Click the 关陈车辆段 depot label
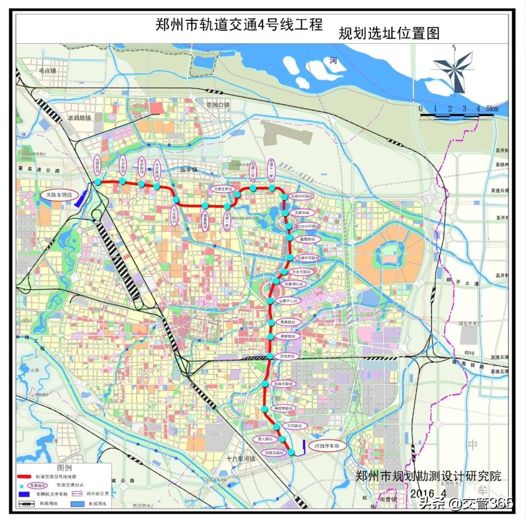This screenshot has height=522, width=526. point(59,194)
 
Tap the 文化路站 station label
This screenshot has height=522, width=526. point(174,216)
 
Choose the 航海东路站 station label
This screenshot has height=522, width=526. point(283,384)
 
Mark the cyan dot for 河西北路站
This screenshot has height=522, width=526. point(291,453)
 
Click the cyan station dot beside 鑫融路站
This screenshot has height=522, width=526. point(290,238)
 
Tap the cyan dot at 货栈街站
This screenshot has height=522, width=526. point(269,356)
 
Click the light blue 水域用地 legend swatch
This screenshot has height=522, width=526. point(79,503)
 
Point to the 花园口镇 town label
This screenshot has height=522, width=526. point(217,105)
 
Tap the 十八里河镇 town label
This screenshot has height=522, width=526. point(241,458)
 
